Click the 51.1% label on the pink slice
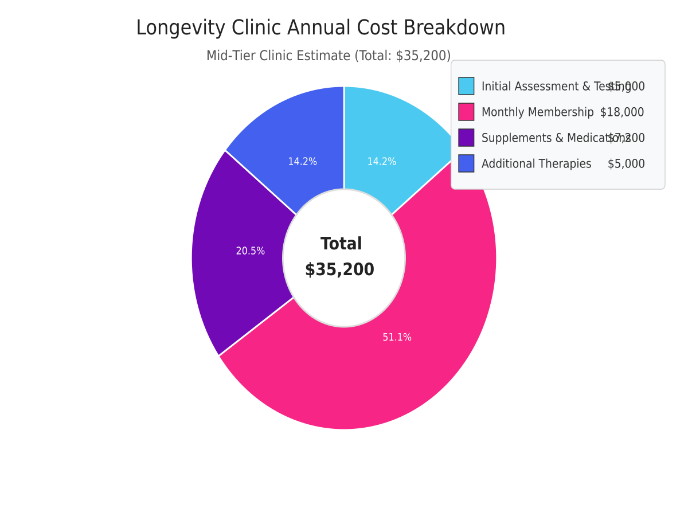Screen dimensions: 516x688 click(397, 338)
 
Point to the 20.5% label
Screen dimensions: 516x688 click(251, 251)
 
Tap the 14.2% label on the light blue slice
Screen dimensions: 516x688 click(381, 162)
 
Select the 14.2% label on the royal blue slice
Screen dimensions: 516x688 click(302, 162)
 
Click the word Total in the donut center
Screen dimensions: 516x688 click(341, 244)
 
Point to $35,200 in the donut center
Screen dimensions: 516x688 click(339, 269)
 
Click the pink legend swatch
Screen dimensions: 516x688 click(466, 112)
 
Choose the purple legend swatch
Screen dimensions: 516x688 click(466, 138)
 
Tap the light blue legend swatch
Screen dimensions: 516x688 click(466, 86)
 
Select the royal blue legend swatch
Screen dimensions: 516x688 click(466, 163)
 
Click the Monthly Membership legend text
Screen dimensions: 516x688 click(537, 112)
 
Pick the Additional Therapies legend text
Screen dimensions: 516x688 click(536, 164)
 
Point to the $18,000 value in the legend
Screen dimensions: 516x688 click(622, 112)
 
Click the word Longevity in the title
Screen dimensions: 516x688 click(181, 28)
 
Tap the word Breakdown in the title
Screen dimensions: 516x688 click(455, 28)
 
